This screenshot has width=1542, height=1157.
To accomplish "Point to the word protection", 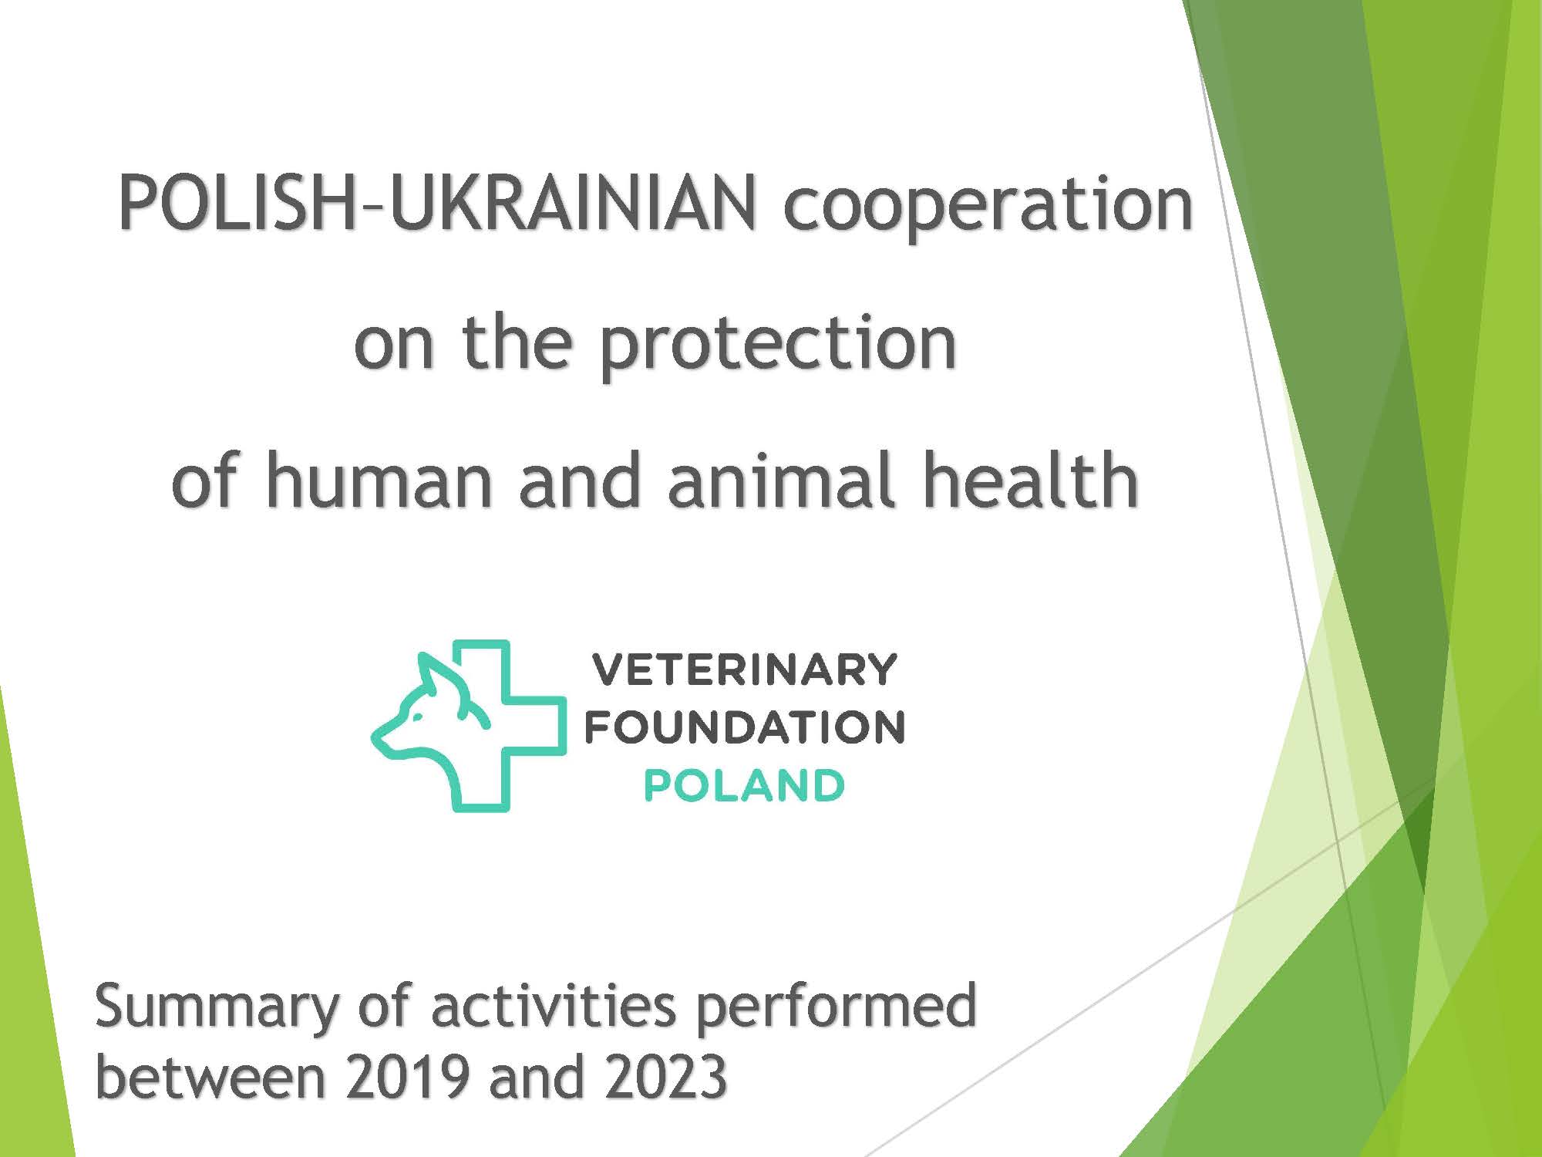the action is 777,346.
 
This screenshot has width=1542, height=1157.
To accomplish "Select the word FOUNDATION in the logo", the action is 745,727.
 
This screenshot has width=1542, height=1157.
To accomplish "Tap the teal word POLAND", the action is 744,786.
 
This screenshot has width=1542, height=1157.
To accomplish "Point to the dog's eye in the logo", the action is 417,717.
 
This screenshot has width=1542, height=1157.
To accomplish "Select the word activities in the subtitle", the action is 553,1006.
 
